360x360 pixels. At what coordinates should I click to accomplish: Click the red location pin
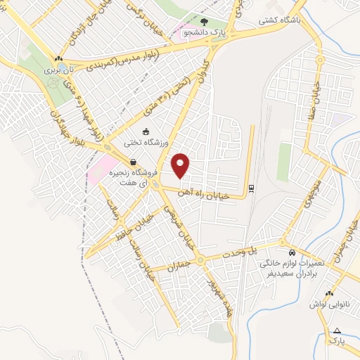(181, 166)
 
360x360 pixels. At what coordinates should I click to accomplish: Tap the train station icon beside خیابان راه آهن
(250, 187)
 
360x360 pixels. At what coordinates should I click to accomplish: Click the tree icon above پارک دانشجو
(205, 22)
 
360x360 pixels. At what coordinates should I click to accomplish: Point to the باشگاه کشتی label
(278, 20)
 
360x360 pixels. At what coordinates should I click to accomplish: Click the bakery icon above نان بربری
(58, 59)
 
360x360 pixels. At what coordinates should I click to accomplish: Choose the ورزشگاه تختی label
(143, 142)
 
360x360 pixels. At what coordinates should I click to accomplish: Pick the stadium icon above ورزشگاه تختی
(146, 131)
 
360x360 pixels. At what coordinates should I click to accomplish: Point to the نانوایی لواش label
(330, 304)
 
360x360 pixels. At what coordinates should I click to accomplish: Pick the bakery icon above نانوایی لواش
(328, 294)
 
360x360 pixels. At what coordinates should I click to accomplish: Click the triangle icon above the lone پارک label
(337, 330)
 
